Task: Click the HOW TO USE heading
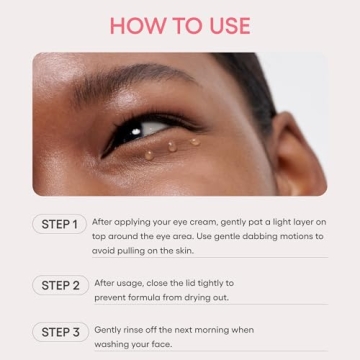point(180,25)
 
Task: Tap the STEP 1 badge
point(60,224)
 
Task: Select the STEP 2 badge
point(60,285)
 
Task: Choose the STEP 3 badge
point(60,331)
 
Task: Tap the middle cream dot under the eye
point(171,146)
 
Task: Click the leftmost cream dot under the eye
point(150,153)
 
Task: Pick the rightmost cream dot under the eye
point(193,142)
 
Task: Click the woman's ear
point(300,150)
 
